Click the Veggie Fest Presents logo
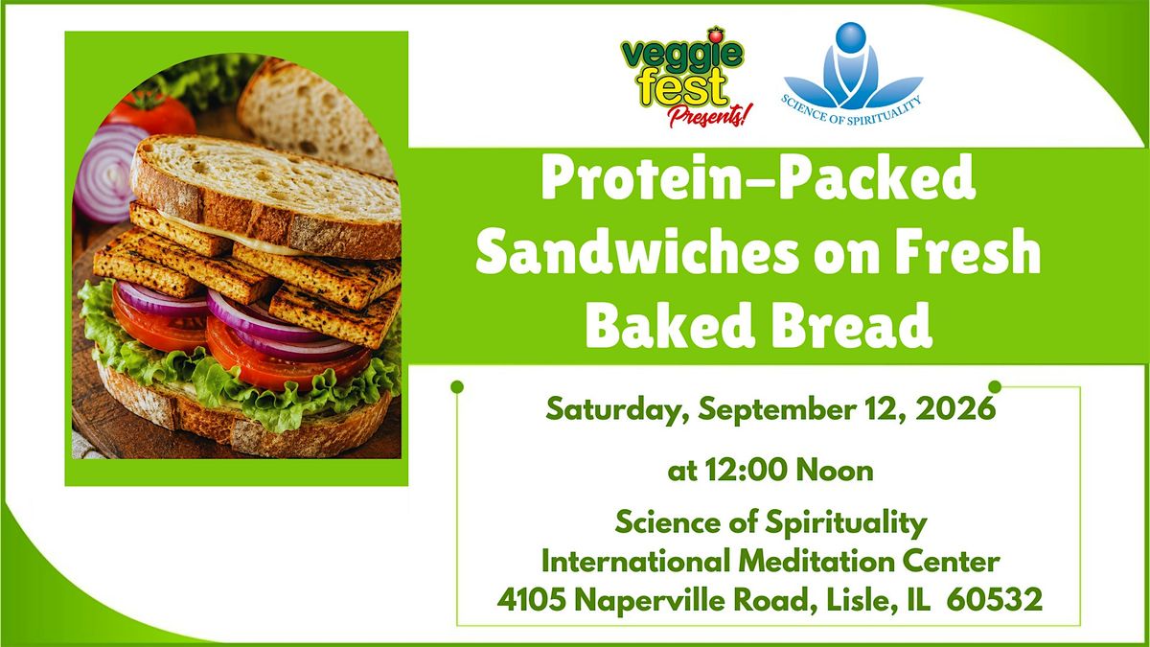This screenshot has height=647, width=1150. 683,77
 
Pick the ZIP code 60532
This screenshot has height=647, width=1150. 995,599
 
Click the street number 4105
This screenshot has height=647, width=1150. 531,599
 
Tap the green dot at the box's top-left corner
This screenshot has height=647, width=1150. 457,386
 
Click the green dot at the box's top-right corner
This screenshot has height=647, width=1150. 995,386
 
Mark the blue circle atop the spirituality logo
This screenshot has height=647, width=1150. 851,37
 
